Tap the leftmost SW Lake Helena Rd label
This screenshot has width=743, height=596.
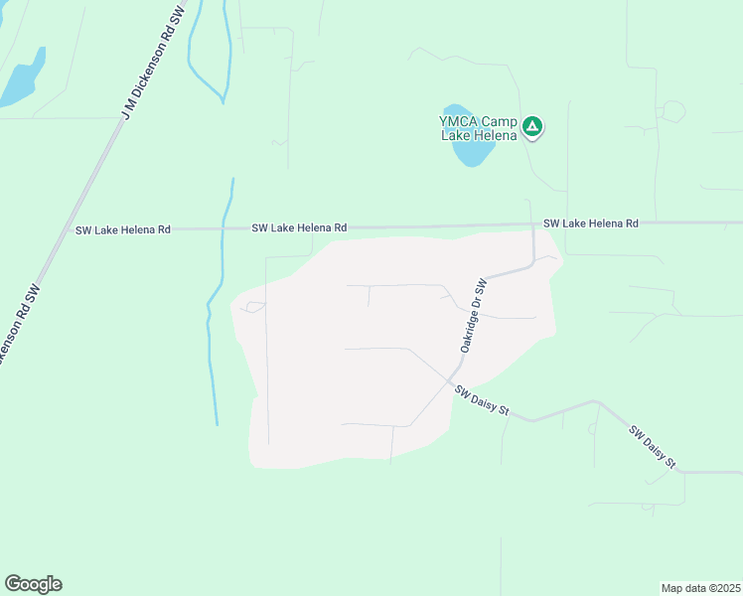tap(123, 229)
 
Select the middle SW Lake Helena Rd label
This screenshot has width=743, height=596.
tap(299, 227)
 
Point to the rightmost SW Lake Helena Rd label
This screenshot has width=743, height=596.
tap(590, 223)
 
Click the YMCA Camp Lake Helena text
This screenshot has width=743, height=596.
tap(480, 128)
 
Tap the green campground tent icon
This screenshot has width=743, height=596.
tap(533, 126)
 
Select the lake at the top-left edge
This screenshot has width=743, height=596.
tap(22, 79)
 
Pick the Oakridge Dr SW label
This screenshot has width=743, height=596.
tap(471, 315)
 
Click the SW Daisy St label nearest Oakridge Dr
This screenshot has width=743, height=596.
tap(482, 402)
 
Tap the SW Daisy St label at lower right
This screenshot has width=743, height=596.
tap(653, 447)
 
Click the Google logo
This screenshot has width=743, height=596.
tap(33, 584)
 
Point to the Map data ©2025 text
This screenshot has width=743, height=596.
tap(701, 587)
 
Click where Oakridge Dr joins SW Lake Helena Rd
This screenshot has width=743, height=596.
tap(533, 225)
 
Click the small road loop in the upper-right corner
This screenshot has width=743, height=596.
tap(673, 111)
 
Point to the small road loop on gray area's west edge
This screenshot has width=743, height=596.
tap(255, 306)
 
